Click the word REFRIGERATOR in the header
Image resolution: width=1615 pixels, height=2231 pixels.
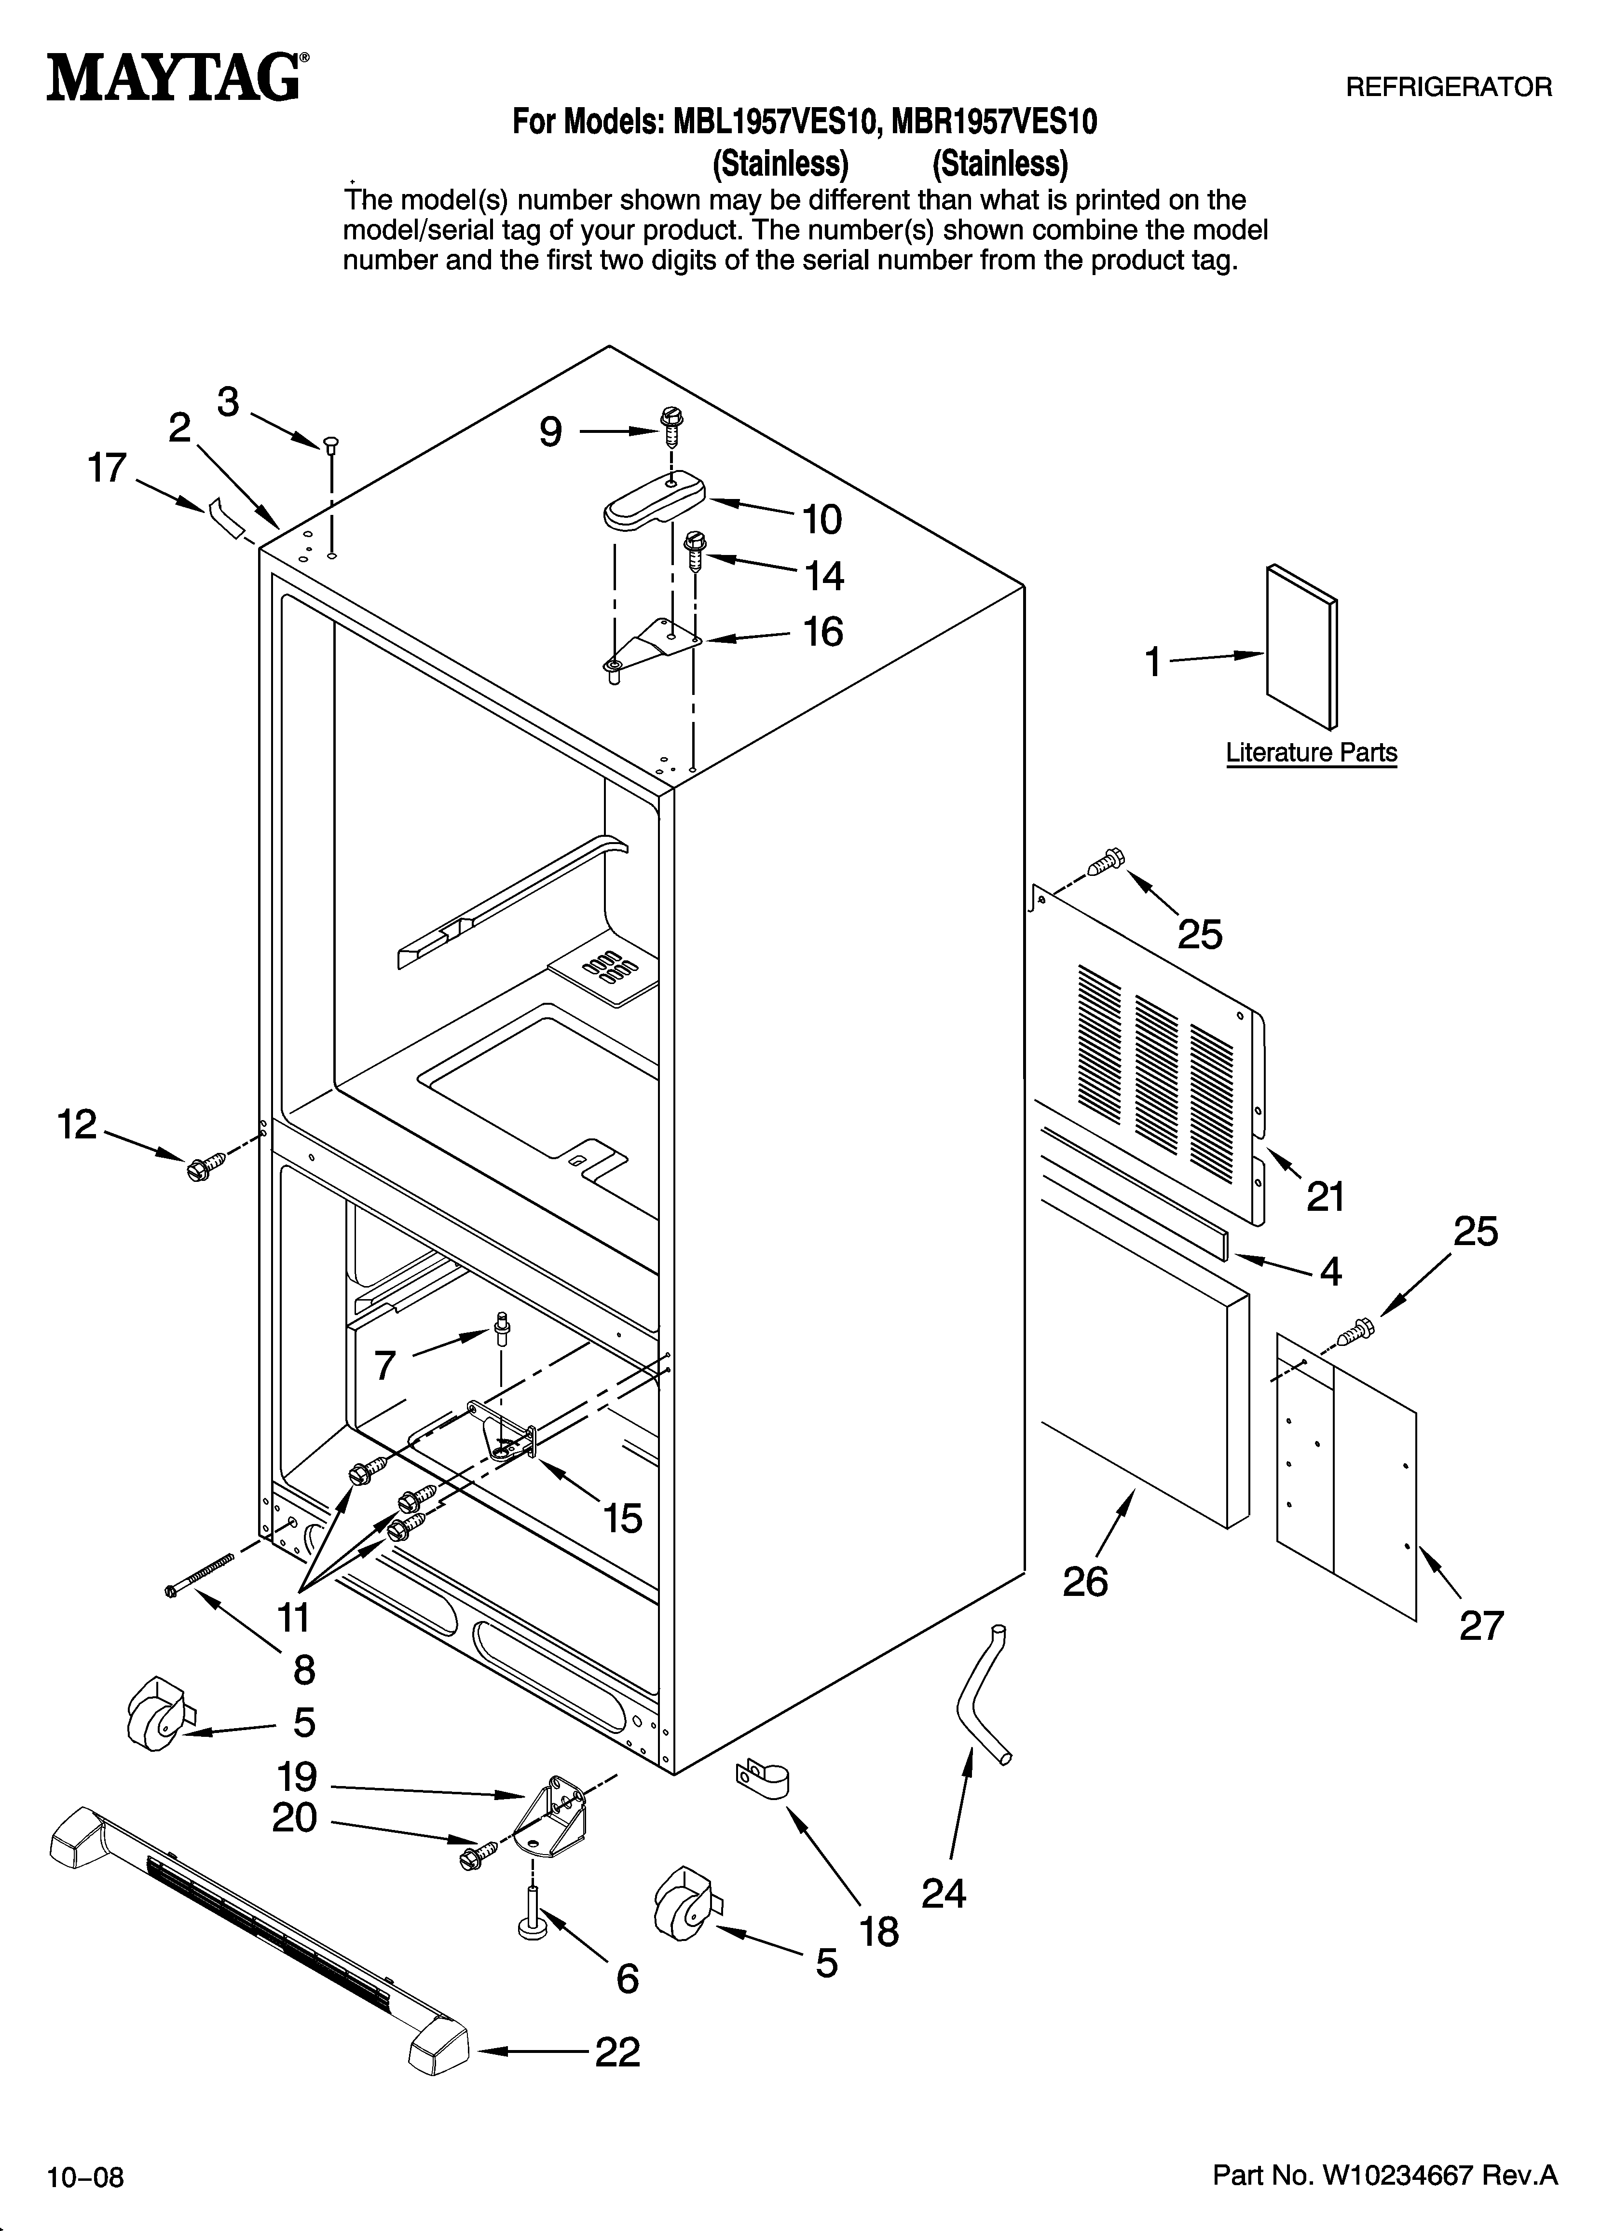(x=1448, y=87)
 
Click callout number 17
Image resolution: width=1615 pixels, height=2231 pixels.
(x=107, y=468)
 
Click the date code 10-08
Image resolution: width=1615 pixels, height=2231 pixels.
(x=85, y=2177)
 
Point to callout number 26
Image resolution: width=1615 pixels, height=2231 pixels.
(x=1085, y=1582)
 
